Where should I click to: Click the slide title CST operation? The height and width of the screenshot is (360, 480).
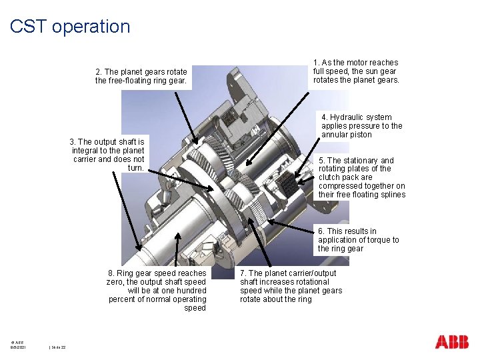click(70, 27)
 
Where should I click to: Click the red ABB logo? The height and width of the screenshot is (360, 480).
click(452, 341)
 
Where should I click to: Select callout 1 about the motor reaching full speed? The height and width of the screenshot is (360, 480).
click(356, 71)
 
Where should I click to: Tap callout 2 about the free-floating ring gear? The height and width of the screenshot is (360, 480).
click(141, 76)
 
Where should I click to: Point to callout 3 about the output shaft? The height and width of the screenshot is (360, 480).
click(108, 155)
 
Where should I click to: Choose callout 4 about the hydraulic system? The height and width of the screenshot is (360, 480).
click(361, 126)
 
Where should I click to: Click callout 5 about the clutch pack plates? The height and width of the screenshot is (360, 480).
click(361, 177)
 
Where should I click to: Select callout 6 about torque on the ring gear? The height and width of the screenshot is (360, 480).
click(358, 240)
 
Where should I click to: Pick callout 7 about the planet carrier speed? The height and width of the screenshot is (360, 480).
click(291, 286)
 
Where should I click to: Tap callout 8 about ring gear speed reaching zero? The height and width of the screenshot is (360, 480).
click(157, 291)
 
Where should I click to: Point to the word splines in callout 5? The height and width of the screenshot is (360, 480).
click(392, 195)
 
